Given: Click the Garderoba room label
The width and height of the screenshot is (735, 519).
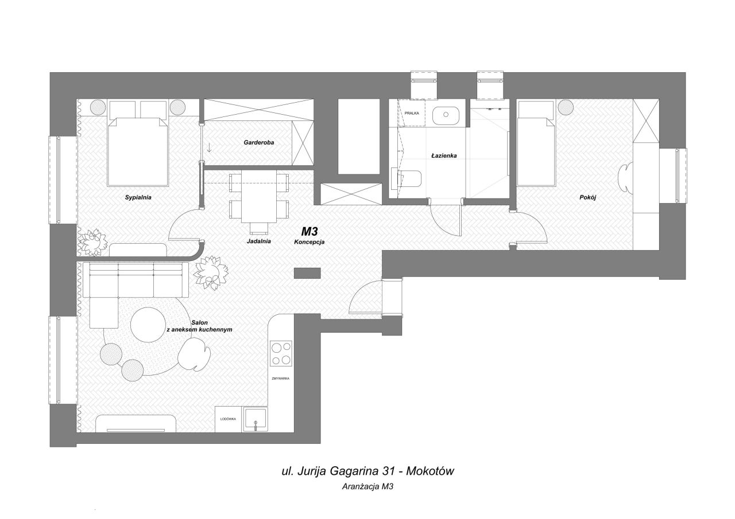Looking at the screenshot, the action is point(258,143).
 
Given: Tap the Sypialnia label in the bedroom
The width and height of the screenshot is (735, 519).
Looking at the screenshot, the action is point(138,198).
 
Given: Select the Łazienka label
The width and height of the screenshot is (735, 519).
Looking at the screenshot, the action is point(444,155).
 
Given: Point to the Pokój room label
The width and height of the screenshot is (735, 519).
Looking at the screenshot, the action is point(587,198).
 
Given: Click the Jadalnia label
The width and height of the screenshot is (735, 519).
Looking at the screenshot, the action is point(258,241).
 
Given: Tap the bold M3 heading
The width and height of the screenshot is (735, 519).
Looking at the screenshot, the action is point(310,232).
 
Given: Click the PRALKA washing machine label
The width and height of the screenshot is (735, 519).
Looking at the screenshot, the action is point(412,113).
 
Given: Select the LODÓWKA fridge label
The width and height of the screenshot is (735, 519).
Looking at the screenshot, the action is point(228,419).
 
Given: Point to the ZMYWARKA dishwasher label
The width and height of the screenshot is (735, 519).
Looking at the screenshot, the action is point(281,378).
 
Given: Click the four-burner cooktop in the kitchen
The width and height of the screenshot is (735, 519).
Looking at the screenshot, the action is point(281,354).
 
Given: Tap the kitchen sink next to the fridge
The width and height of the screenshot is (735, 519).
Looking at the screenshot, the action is point(255,420).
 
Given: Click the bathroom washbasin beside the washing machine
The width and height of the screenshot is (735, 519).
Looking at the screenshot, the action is point(446,115).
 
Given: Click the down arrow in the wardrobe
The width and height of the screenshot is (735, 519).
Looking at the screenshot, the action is point(209,147).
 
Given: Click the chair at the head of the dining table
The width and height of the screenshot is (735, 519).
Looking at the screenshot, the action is point(259,229).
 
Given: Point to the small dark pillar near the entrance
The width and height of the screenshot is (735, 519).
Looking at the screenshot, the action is point(307,273).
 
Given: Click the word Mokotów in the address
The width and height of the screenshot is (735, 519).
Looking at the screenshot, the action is point(430,471).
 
